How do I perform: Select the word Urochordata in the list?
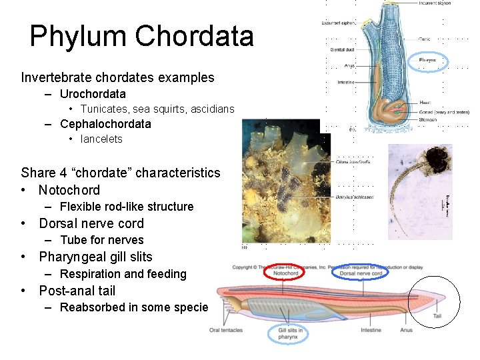click(x=93, y=94)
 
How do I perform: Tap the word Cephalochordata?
click(x=105, y=124)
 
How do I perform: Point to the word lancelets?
click(x=101, y=139)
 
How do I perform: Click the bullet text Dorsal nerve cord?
click(x=91, y=223)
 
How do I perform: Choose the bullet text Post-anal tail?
click(x=77, y=291)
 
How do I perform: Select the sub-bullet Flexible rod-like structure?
click(x=127, y=207)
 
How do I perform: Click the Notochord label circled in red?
click(x=285, y=273)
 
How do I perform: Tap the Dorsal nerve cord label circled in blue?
click(x=361, y=273)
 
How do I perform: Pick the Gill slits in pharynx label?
click(x=288, y=333)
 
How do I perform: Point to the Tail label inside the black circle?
click(x=437, y=316)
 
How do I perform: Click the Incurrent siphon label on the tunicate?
click(x=435, y=3)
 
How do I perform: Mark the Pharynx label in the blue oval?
click(x=427, y=60)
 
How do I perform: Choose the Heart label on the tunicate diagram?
click(x=425, y=103)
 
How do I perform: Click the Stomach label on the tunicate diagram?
click(x=427, y=120)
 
